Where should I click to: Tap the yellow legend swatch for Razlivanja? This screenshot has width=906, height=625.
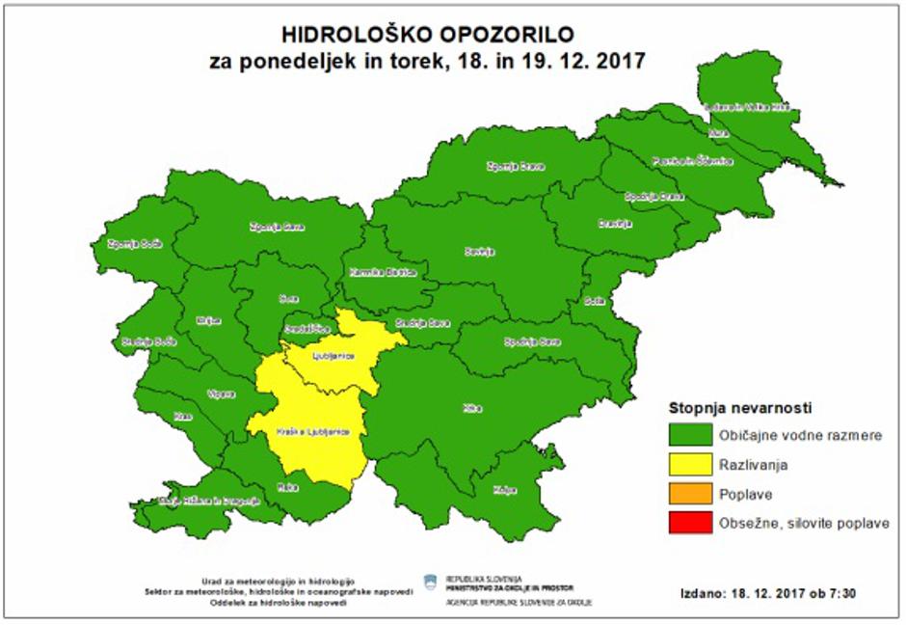tap(689, 465)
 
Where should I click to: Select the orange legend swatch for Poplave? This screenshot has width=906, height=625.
tap(689, 494)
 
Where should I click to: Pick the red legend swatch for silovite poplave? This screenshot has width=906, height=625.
tap(689, 523)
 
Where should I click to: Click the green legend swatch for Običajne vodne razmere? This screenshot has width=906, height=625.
tap(689, 436)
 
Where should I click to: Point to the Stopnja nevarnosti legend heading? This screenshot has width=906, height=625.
tap(738, 407)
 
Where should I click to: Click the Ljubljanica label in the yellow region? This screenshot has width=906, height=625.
tap(334, 356)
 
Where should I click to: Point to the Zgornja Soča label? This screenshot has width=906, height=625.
tap(132, 243)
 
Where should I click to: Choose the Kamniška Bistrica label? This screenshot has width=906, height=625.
tap(376, 272)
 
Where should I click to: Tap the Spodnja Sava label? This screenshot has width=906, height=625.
tap(530, 341)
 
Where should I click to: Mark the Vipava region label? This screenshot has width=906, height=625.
tap(221, 394)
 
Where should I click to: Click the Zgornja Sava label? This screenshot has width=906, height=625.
tap(272, 228)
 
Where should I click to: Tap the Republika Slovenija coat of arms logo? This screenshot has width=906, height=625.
tap(429, 582)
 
